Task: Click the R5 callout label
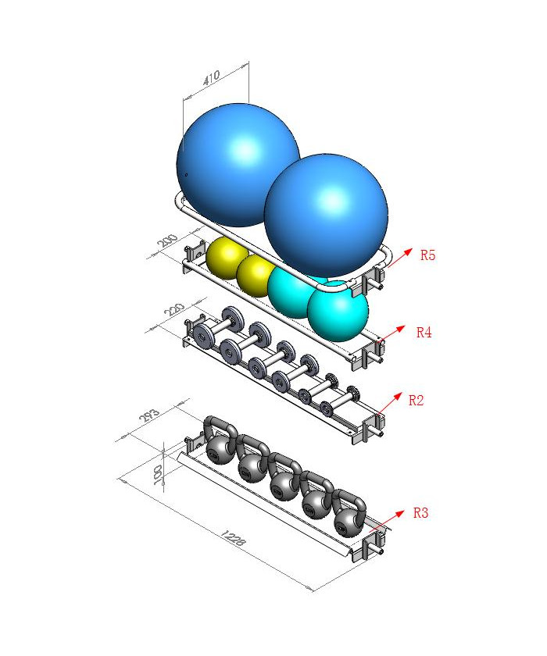tap(427, 255)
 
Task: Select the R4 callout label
tap(424, 333)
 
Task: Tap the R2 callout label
tap(416, 401)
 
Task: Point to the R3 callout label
tap(420, 512)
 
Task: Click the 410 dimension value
tap(211, 77)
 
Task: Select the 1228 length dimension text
tap(233, 538)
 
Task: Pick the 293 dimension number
tap(149, 415)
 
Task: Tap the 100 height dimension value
tap(158, 475)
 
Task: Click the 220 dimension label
tap(174, 310)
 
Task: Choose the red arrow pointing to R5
tap(399, 257)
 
